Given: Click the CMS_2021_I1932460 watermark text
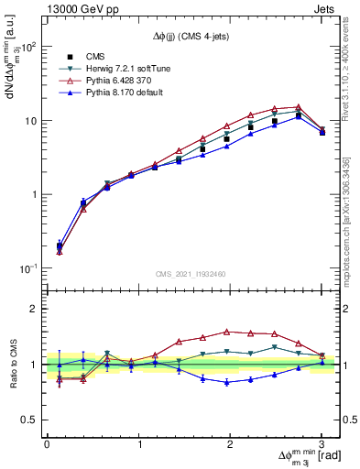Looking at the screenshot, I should pyautogui.click(x=189, y=274).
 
